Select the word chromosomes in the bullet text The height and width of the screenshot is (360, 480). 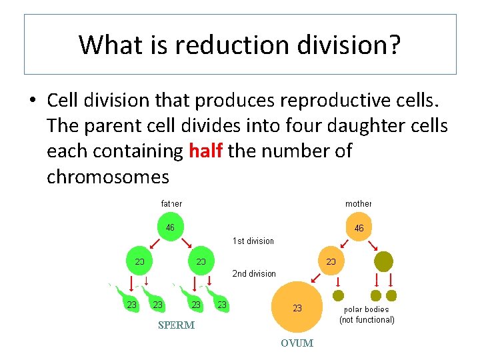[x=108, y=177]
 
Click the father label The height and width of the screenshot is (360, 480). [x=171, y=203]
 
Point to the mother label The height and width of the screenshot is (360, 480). [x=359, y=203]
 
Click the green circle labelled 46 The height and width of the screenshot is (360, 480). [x=171, y=227]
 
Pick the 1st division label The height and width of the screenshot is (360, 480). [x=253, y=241]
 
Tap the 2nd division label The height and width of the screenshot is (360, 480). [x=253, y=273]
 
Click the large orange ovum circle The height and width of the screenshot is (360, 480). [x=297, y=307]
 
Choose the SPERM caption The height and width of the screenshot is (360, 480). [x=176, y=325]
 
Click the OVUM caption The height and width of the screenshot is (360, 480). [x=297, y=343]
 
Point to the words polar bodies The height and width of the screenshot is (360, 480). [x=366, y=309]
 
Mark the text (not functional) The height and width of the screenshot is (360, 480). [x=367, y=320]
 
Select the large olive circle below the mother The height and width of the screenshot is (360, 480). [x=383, y=261]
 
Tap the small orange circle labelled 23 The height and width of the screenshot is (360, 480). [x=330, y=261]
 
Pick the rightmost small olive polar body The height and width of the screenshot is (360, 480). [x=391, y=295]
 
